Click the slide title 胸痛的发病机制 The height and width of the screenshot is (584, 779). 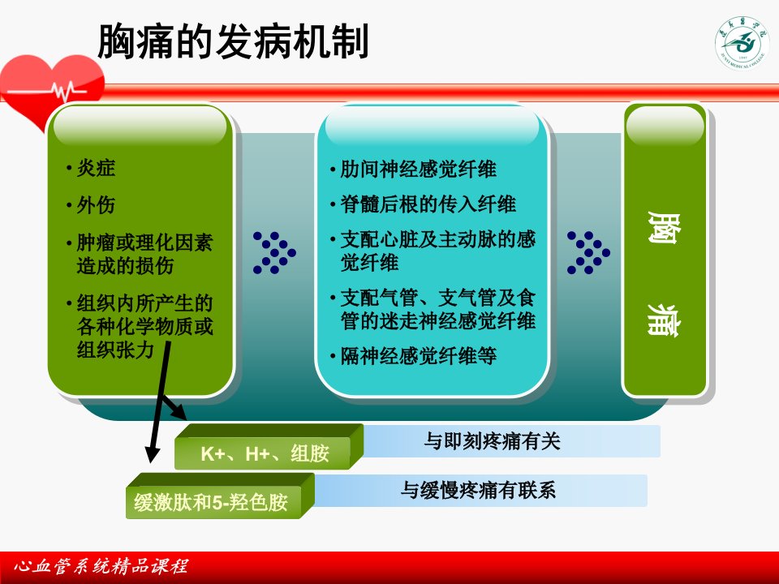[x=233, y=41]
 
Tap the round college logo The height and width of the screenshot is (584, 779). [x=742, y=44]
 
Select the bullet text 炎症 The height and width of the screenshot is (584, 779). [x=96, y=168]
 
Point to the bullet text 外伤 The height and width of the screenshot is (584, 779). [x=96, y=204]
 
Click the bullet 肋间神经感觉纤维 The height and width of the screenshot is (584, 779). [x=418, y=170]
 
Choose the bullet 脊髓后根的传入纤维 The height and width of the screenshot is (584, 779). [x=428, y=204]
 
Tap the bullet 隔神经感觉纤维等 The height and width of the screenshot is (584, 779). [x=419, y=355]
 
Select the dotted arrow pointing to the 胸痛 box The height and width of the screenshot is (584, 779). [x=589, y=253]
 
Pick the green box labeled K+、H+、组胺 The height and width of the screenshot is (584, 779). [x=269, y=447]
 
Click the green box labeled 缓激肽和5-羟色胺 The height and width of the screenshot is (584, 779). [x=220, y=496]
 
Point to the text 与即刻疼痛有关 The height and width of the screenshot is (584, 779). [x=493, y=441]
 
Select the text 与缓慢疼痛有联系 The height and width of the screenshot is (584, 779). [x=478, y=491]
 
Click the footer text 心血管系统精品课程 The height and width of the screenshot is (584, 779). [x=101, y=567]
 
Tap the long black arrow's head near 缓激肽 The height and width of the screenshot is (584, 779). [x=152, y=454]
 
